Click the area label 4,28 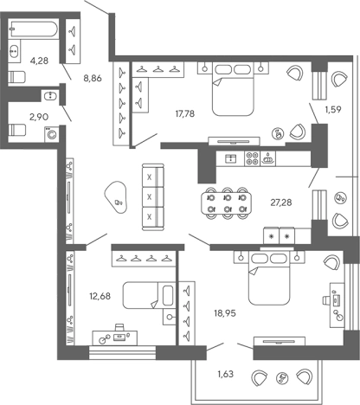click(39, 61)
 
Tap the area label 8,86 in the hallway click(93, 78)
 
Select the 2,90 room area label click(39, 117)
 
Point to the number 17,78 click(185, 113)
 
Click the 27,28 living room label click(281, 202)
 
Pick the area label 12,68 click(100, 296)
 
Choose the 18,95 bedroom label click(225, 313)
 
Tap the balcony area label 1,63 click(225, 374)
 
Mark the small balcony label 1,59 click(333, 109)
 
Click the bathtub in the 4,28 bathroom click(33, 29)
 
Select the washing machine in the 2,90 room click(52, 134)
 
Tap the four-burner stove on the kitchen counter click(252, 158)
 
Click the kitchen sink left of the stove click(230, 158)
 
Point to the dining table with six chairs click(227, 203)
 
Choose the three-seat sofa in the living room click(153, 197)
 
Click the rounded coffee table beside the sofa click(116, 197)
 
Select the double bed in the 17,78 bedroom click(233, 90)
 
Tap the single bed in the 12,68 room click(149, 295)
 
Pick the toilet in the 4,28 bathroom click(17, 77)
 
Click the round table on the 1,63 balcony click(281, 378)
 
